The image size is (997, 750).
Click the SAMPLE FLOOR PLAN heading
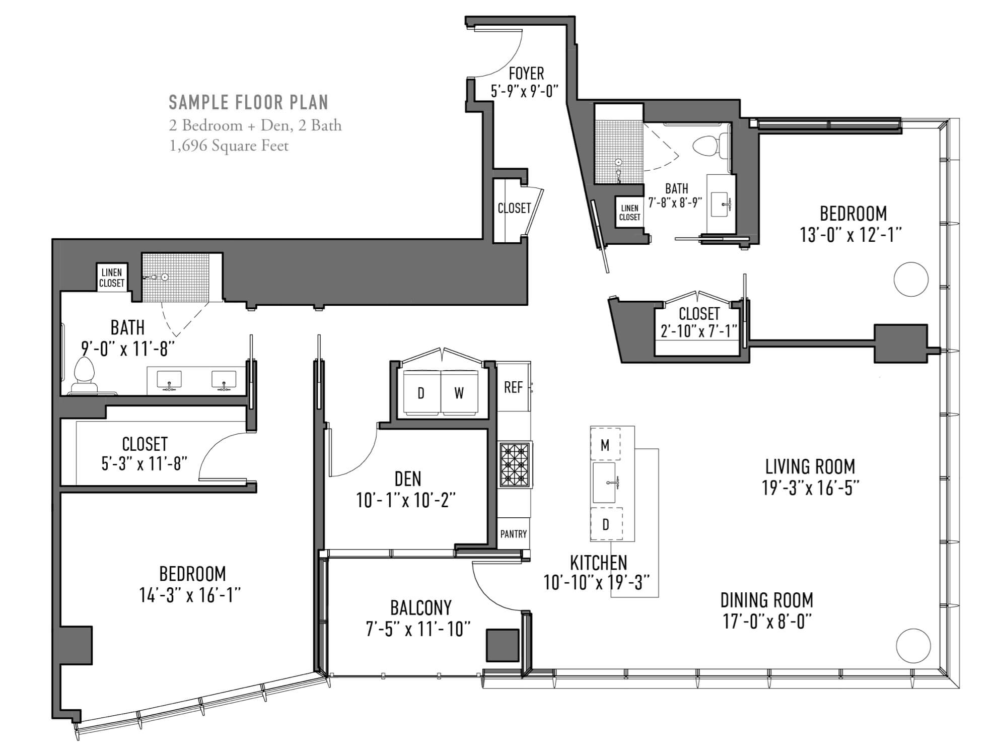click(248, 102)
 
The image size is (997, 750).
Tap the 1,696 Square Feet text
click(229, 146)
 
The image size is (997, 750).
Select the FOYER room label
click(526, 74)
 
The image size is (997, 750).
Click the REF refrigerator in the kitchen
click(513, 387)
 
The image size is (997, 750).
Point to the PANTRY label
click(513, 534)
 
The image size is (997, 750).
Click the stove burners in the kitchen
click(515, 465)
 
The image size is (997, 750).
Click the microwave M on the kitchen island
click(605, 444)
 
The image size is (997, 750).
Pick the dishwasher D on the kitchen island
click(606, 524)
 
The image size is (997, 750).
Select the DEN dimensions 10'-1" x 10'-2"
click(406, 501)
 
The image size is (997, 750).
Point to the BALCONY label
click(421, 608)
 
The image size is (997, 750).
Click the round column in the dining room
click(913, 646)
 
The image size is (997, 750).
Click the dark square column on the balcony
click(502, 645)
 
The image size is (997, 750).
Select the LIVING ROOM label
click(810, 466)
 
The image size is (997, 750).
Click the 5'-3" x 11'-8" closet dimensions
click(145, 463)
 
